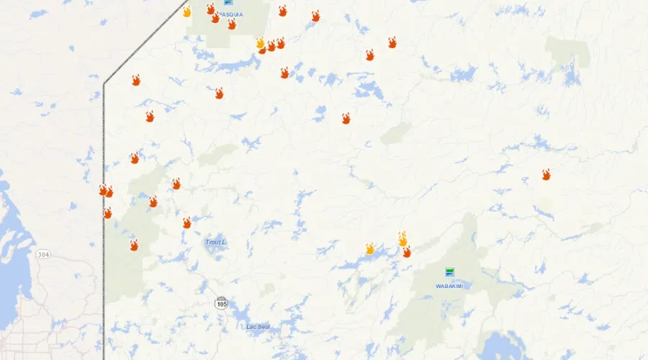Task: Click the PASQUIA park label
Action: (x=231, y=14)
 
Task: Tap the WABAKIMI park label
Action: (x=449, y=286)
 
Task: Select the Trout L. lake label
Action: (x=215, y=242)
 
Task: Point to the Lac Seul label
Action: (x=258, y=326)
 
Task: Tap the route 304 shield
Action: (x=43, y=254)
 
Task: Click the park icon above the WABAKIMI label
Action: (x=450, y=271)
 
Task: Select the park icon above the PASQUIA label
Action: (x=228, y=2)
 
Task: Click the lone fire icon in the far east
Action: (x=546, y=174)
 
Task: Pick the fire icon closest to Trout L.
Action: (x=187, y=222)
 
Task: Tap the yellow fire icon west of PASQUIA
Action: (x=187, y=12)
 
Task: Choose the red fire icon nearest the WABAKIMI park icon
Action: (x=407, y=251)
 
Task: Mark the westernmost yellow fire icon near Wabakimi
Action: (x=370, y=248)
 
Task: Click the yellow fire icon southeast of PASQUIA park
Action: (x=260, y=43)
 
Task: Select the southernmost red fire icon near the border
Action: (x=134, y=246)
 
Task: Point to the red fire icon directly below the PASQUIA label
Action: (x=232, y=24)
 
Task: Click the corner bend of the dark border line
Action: (x=104, y=84)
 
